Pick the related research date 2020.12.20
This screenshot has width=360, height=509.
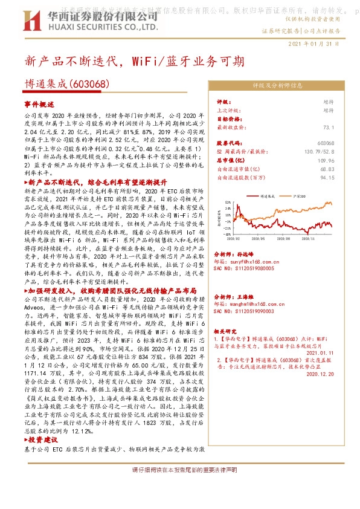pos(320,375)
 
